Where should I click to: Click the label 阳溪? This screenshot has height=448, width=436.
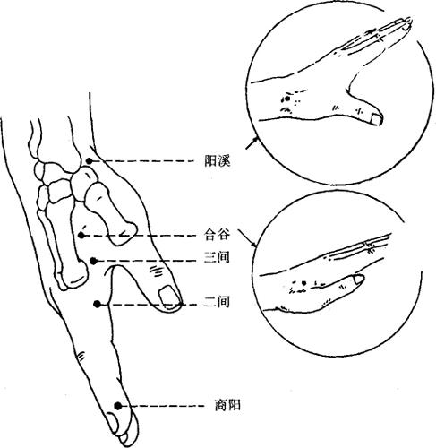[x=218, y=161]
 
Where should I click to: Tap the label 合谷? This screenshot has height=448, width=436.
[x=217, y=235]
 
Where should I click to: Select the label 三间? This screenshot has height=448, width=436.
[x=217, y=257]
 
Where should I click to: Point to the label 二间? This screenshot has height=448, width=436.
[x=217, y=302]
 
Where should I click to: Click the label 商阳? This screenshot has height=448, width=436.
[x=227, y=406]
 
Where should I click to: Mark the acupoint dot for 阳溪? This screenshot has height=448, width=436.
[x=90, y=161]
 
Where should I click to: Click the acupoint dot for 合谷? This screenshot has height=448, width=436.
[x=81, y=236]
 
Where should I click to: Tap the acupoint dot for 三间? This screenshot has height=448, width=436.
[x=93, y=261]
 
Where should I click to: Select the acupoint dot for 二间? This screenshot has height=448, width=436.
[x=97, y=304]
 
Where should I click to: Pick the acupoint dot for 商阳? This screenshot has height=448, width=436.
[x=118, y=406]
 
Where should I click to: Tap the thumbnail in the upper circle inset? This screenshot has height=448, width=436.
[x=376, y=120]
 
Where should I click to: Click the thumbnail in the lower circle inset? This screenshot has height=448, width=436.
[x=358, y=280]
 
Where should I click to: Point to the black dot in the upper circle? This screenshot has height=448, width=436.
[x=287, y=99]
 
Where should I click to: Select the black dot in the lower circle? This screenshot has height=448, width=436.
[x=303, y=282]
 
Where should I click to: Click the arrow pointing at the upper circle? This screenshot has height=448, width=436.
[x=252, y=142]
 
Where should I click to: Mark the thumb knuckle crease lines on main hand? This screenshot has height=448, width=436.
[x=157, y=271]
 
